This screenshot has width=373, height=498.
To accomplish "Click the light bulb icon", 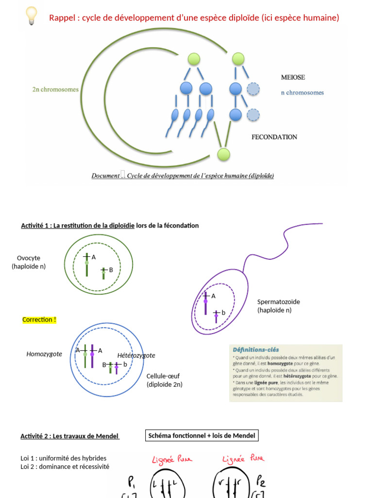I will [31, 16].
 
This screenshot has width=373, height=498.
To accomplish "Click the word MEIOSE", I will [293, 77].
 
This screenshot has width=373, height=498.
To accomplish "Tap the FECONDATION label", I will [274, 137].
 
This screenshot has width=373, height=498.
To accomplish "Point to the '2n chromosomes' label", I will [55, 89].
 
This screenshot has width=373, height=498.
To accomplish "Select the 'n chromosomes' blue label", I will [302, 92].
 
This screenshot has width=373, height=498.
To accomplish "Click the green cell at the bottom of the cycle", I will [223, 155].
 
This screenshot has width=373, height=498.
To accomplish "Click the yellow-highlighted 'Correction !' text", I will [39, 320].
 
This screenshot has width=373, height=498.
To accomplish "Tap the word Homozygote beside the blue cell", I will [44, 354].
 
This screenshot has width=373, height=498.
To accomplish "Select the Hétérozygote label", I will [136, 356].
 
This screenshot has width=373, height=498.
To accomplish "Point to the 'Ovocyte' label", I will [29, 258].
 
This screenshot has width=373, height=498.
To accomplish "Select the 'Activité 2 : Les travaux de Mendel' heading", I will [69, 436].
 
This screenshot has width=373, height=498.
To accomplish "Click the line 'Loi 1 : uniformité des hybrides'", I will [63, 458].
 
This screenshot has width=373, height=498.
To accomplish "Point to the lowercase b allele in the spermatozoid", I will [223, 313].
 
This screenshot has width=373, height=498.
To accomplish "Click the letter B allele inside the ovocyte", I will [111, 269].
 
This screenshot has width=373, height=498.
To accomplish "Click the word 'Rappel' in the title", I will [64, 18].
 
